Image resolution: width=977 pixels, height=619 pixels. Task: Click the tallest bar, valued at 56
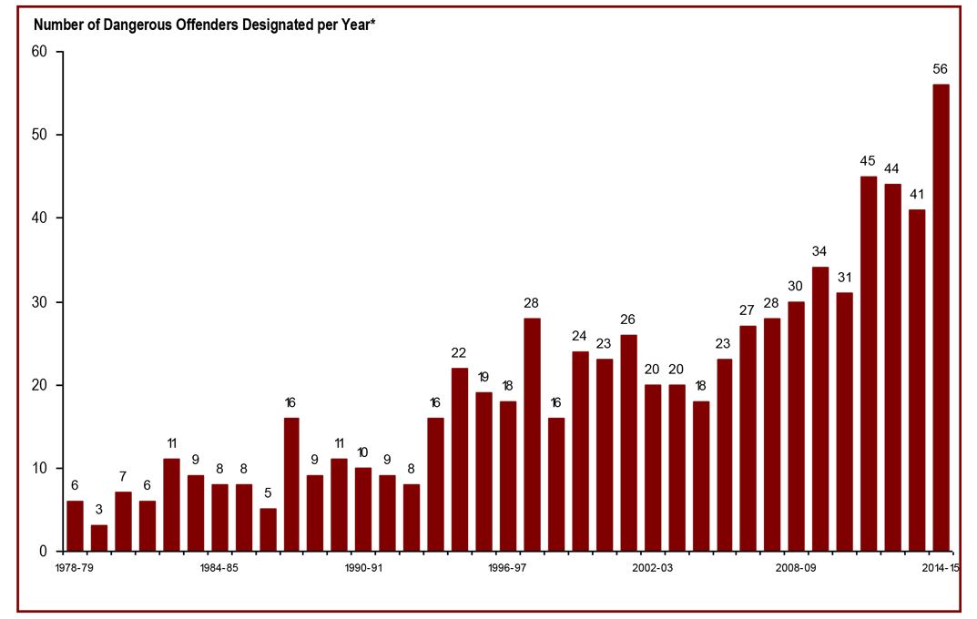[x=941, y=318]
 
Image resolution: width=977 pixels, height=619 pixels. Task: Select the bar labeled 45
[x=869, y=364]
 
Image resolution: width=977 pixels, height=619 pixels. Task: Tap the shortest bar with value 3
[x=99, y=538]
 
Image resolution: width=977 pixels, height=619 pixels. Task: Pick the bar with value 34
[x=820, y=410]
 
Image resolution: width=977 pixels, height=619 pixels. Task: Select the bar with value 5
[x=268, y=530]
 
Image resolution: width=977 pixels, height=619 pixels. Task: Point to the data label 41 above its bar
[x=916, y=194]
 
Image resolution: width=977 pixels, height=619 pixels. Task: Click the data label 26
[x=627, y=320]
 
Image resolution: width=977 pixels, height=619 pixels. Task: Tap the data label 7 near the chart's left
[x=123, y=476]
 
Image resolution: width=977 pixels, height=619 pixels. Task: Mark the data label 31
[x=844, y=278]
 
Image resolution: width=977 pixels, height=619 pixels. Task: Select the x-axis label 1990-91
[x=363, y=567]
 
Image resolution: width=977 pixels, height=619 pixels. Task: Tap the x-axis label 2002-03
[x=652, y=567]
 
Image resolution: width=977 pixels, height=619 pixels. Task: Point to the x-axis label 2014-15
[x=939, y=567]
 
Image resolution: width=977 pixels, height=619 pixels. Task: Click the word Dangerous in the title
[x=127, y=25]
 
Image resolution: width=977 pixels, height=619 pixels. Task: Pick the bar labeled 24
[x=579, y=452]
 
